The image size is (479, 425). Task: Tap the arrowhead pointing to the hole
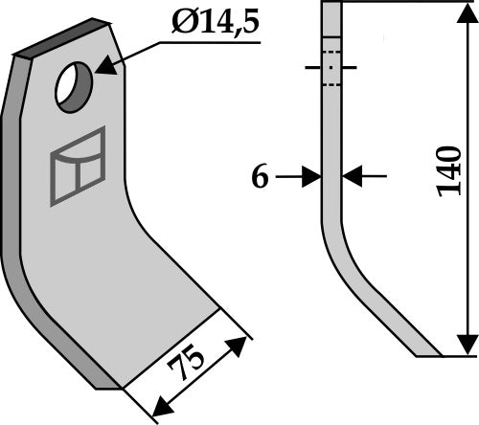tap(103, 67)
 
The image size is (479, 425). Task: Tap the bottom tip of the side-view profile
tap(428, 354)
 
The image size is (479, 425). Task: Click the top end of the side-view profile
tap(331, 5)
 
